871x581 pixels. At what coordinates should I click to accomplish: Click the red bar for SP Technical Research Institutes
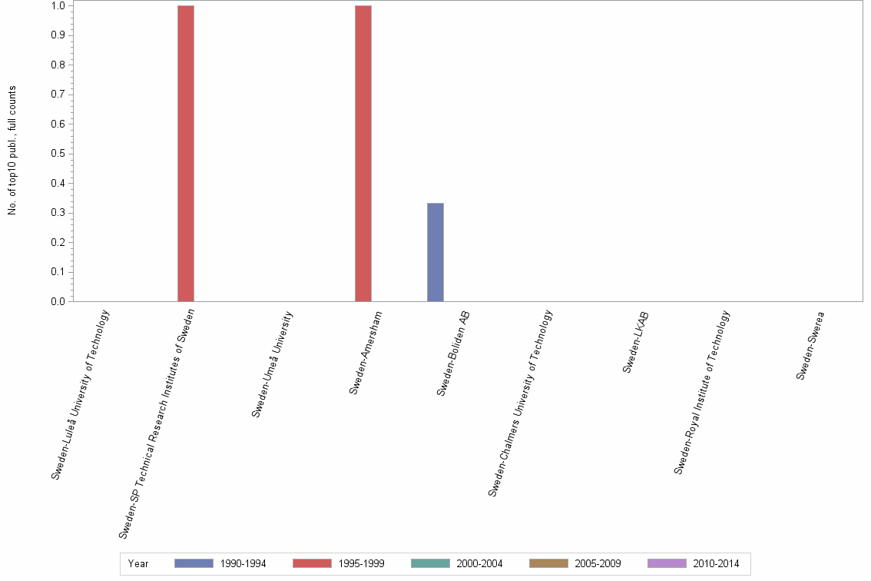click(x=186, y=154)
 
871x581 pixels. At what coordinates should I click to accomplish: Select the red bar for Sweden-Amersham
click(x=363, y=154)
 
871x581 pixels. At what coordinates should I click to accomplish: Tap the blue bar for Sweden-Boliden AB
click(x=435, y=252)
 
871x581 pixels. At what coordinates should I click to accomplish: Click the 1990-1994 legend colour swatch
click(x=194, y=563)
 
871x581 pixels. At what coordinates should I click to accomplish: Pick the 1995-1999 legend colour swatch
click(x=312, y=563)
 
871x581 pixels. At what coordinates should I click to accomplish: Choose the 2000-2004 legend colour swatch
click(x=430, y=563)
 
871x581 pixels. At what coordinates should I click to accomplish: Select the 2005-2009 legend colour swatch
click(x=548, y=563)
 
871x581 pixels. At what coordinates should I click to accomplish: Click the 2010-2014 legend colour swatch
click(x=667, y=563)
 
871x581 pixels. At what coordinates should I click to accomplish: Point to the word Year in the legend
click(x=138, y=564)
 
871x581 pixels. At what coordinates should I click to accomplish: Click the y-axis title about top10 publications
click(x=12, y=150)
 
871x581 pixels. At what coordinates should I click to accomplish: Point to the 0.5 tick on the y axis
click(x=58, y=154)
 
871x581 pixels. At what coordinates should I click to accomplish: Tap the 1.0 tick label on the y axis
click(x=58, y=6)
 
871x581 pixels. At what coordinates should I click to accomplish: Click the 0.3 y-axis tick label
click(x=58, y=213)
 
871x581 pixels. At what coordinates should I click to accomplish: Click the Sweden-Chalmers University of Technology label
click(x=520, y=403)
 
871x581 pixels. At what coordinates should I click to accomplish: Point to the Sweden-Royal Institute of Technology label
click(x=702, y=392)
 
